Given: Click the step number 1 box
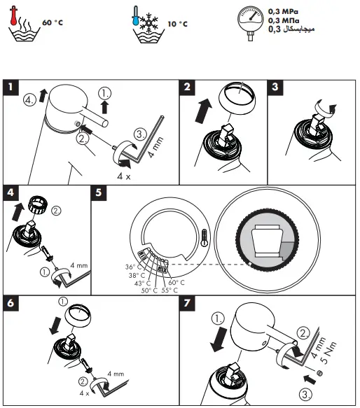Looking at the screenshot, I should pyautogui.click(x=11, y=87).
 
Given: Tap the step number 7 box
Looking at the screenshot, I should pyautogui.click(x=186, y=305).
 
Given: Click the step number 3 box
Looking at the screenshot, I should pyautogui.click(x=277, y=87).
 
